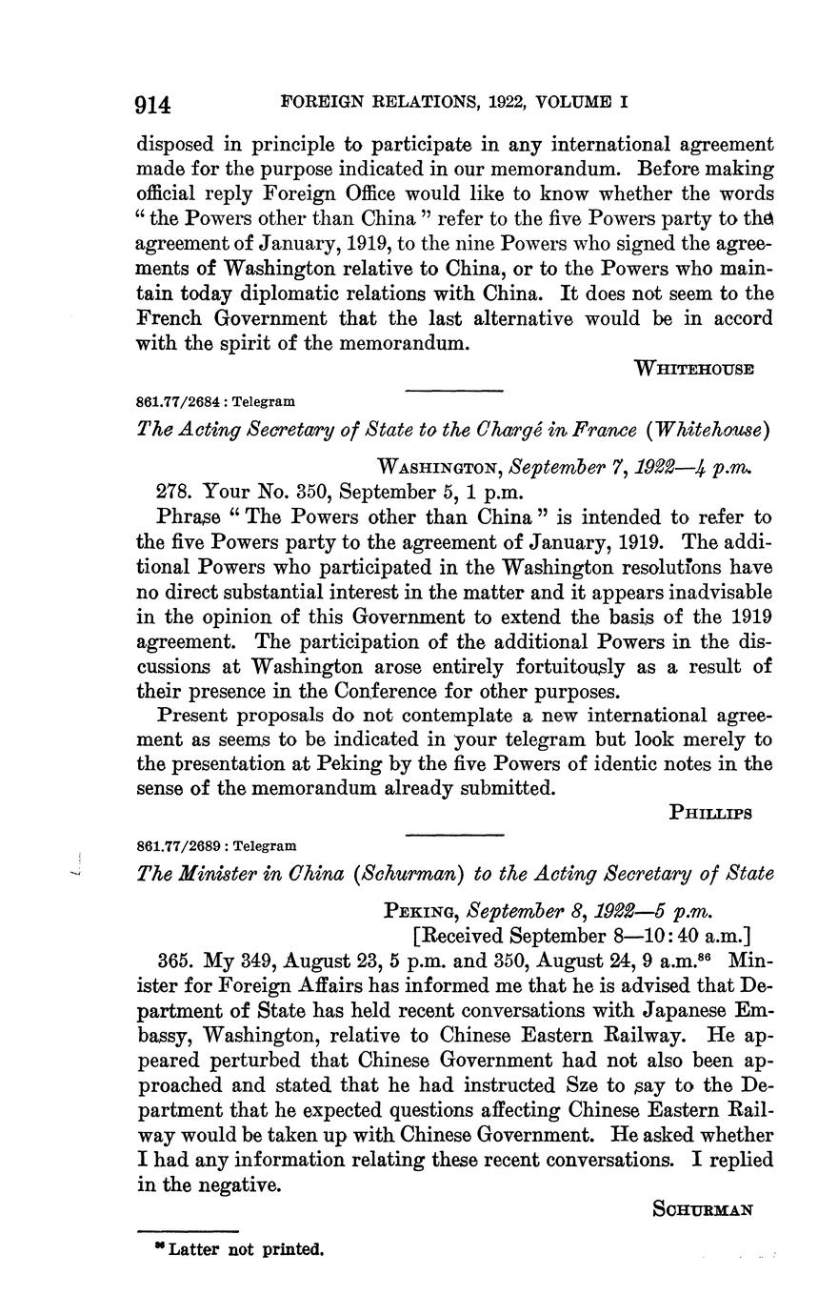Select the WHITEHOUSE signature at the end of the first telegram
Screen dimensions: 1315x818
[x=694, y=369]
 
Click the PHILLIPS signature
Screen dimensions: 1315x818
[x=711, y=813]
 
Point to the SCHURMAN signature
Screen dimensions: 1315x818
[x=703, y=1209]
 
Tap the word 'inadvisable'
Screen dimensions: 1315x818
[x=716, y=592]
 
